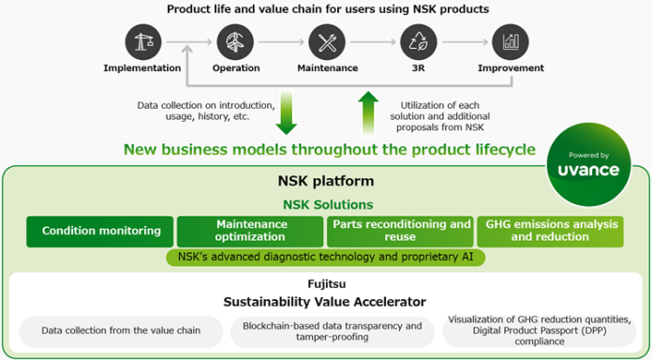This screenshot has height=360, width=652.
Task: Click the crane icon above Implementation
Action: (141, 42)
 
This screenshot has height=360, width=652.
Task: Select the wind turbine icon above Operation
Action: (234, 42)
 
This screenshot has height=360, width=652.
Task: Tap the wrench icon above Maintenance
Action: (327, 42)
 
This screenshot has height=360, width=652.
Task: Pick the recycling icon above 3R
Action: (419, 42)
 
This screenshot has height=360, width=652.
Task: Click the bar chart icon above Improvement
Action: (511, 42)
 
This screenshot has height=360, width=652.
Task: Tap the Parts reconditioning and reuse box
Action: (400, 231)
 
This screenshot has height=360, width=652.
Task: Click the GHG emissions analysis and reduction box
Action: (550, 231)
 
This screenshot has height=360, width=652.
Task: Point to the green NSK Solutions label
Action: (327, 204)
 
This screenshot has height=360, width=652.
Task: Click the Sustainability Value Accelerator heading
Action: (326, 301)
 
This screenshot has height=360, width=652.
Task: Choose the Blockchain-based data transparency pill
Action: (332, 330)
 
